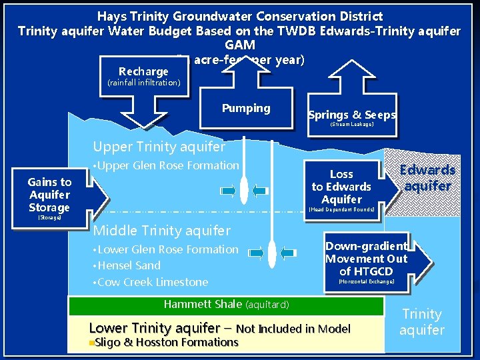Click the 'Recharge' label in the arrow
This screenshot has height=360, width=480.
click(x=143, y=71)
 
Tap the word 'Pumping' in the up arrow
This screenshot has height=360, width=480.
click(x=246, y=108)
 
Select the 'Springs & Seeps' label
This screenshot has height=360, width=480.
click(x=352, y=115)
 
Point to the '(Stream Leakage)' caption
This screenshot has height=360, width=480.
click(x=352, y=125)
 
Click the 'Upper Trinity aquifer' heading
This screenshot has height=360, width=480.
click(x=159, y=147)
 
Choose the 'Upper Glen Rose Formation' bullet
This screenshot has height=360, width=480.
click(x=166, y=165)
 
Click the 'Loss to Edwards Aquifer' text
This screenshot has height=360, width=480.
click(x=341, y=187)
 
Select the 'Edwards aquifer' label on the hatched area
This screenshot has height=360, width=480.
click(x=427, y=179)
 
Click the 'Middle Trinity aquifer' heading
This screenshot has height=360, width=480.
click(x=162, y=231)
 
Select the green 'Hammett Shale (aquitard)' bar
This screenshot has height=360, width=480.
click(x=226, y=305)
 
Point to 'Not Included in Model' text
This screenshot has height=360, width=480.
click(x=293, y=328)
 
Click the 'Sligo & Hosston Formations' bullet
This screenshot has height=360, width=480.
click(x=164, y=343)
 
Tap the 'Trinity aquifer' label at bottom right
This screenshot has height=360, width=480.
click(x=421, y=322)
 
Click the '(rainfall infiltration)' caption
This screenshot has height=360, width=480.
click(x=143, y=83)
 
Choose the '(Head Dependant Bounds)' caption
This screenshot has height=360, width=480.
click(x=341, y=209)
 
